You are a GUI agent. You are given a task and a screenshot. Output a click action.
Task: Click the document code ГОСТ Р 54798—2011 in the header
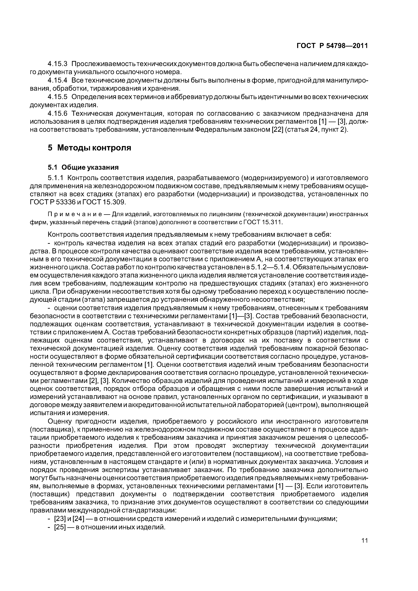point(332,46)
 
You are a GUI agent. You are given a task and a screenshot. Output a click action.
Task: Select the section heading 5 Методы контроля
point(89,148)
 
